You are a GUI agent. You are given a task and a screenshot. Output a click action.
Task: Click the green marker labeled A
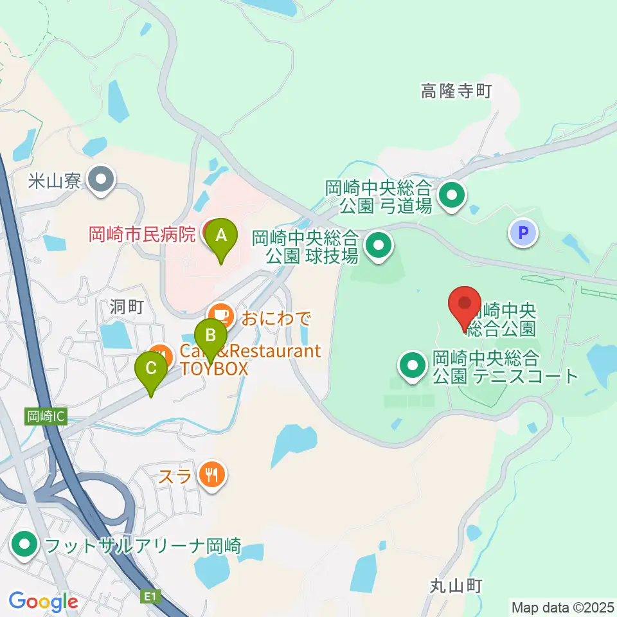coord(220,235)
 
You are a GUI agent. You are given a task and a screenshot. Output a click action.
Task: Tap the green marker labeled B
coord(210,335)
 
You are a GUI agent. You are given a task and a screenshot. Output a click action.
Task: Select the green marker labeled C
coord(151,369)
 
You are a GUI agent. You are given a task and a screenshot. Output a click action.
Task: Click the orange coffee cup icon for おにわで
coord(222,315)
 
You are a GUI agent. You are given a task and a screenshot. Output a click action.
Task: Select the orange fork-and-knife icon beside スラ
coord(211,476)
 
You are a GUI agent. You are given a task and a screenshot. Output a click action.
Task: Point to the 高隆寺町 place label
coord(456,92)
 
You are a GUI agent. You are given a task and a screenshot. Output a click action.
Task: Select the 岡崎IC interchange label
coord(46,416)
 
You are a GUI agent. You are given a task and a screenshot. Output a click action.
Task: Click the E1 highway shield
coord(150,597)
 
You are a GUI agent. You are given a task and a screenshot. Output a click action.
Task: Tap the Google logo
coord(43,602)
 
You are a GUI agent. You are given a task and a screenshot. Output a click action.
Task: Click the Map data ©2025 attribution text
coord(563,606)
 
